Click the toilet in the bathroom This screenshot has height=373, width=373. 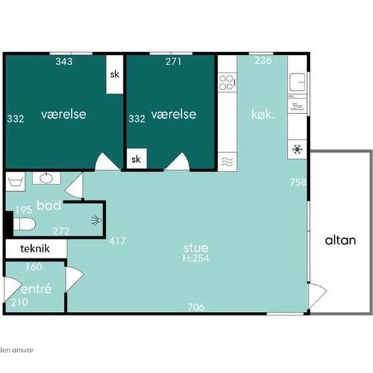pyautogui.click(x=24, y=224)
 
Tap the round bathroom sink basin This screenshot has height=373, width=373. pyautogui.click(x=46, y=178)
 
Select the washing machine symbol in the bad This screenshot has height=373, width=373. pyautogui.click(x=16, y=182)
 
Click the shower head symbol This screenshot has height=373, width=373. pyautogui.click(x=96, y=220)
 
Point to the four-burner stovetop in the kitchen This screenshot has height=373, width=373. pyautogui.click(x=226, y=82)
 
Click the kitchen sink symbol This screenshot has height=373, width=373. pyautogui.click(x=297, y=82)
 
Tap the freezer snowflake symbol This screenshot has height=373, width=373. pyautogui.click(x=297, y=149)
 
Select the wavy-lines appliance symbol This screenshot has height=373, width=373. pyautogui.click(x=227, y=162)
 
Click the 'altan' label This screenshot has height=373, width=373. pyautogui.click(x=340, y=240)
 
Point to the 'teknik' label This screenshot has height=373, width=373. pyautogui.click(x=35, y=249)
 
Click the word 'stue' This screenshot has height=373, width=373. pyautogui.click(x=196, y=248)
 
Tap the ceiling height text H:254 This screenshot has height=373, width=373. pyautogui.click(x=196, y=258)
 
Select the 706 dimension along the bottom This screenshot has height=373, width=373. pyautogui.click(x=196, y=307)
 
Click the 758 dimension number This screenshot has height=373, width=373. pyautogui.click(x=298, y=182)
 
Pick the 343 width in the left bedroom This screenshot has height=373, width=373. pyautogui.click(x=64, y=62)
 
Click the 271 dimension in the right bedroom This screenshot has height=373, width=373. pyautogui.click(x=174, y=62)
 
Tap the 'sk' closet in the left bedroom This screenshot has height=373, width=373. pyautogui.click(x=115, y=75)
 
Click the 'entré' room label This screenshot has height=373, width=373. pyautogui.click(x=36, y=289)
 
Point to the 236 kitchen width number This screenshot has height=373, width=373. pyautogui.click(x=263, y=60)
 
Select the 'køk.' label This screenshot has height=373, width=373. pyautogui.click(x=262, y=115)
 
